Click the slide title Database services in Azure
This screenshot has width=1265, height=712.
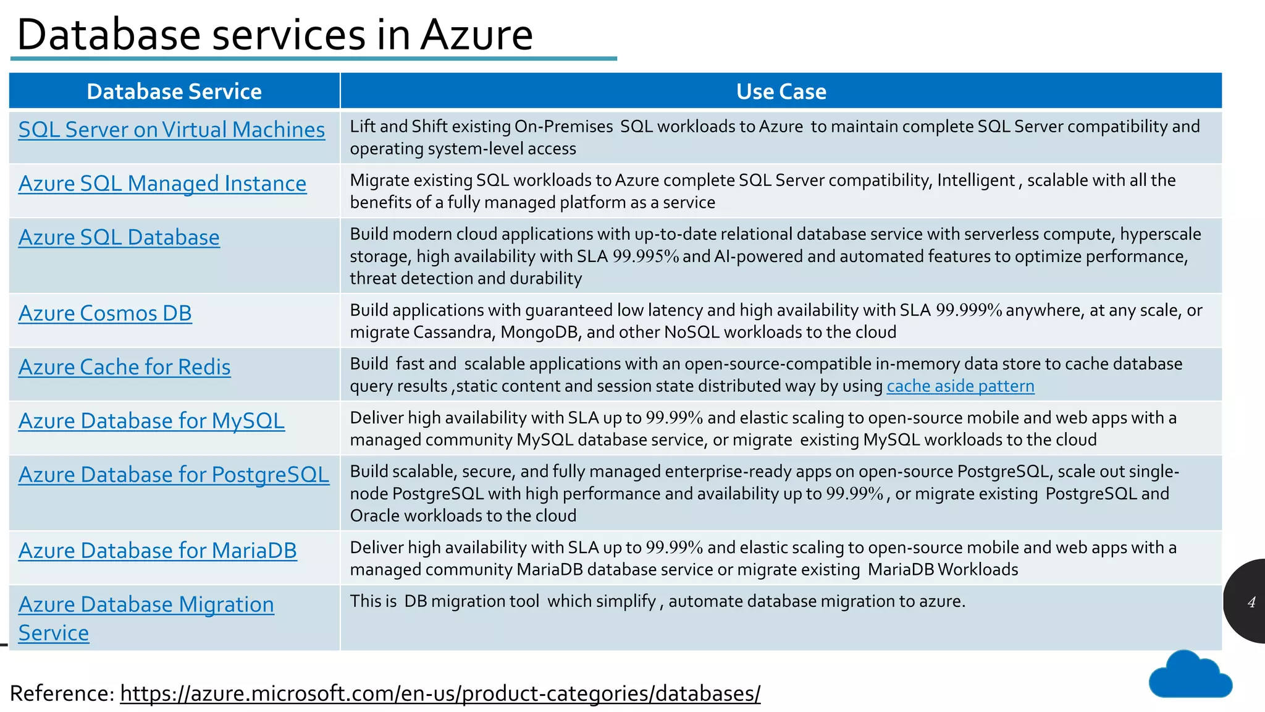pyautogui.click(x=275, y=35)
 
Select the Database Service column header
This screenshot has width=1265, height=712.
pyautogui.click(x=174, y=91)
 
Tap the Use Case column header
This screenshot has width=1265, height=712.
pyautogui.click(x=781, y=91)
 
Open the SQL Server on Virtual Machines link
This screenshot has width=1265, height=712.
pyautogui.click(x=171, y=130)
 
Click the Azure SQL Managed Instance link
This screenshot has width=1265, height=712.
pyautogui.click(x=162, y=184)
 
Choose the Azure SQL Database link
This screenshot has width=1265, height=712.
pyautogui.click(x=119, y=237)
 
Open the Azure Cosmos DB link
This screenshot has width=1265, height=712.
pyautogui.click(x=105, y=313)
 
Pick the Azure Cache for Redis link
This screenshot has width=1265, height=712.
pyautogui.click(x=124, y=367)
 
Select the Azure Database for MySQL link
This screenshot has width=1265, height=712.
pyautogui.click(x=151, y=421)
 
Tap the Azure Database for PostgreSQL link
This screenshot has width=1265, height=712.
pyautogui.click(x=174, y=475)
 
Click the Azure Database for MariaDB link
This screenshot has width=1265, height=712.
pyautogui.click(x=158, y=551)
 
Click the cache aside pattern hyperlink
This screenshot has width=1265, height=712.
pyautogui.click(x=960, y=386)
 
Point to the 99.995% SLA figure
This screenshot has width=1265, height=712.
pyautogui.click(x=645, y=256)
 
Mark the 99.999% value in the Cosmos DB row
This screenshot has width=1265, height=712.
pyautogui.click(x=969, y=310)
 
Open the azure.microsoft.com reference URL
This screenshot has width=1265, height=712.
pyautogui.click(x=440, y=693)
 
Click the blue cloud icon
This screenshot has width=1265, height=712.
pyautogui.click(x=1190, y=676)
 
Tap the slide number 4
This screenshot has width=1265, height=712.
pyautogui.click(x=1251, y=603)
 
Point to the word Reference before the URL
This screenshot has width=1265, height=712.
pyautogui.click(x=62, y=693)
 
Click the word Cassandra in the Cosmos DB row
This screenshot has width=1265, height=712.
pyautogui.click(x=453, y=333)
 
